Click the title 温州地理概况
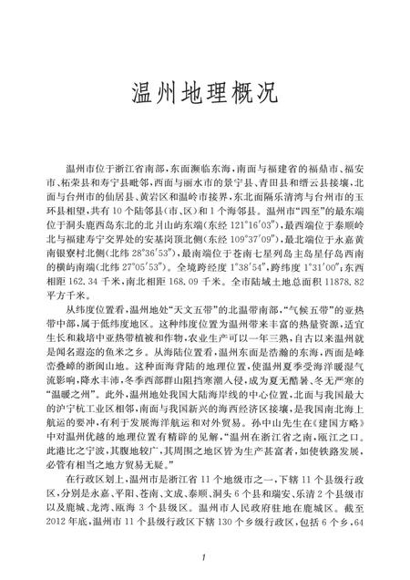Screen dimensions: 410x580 pyautogui.click(x=204, y=94)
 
